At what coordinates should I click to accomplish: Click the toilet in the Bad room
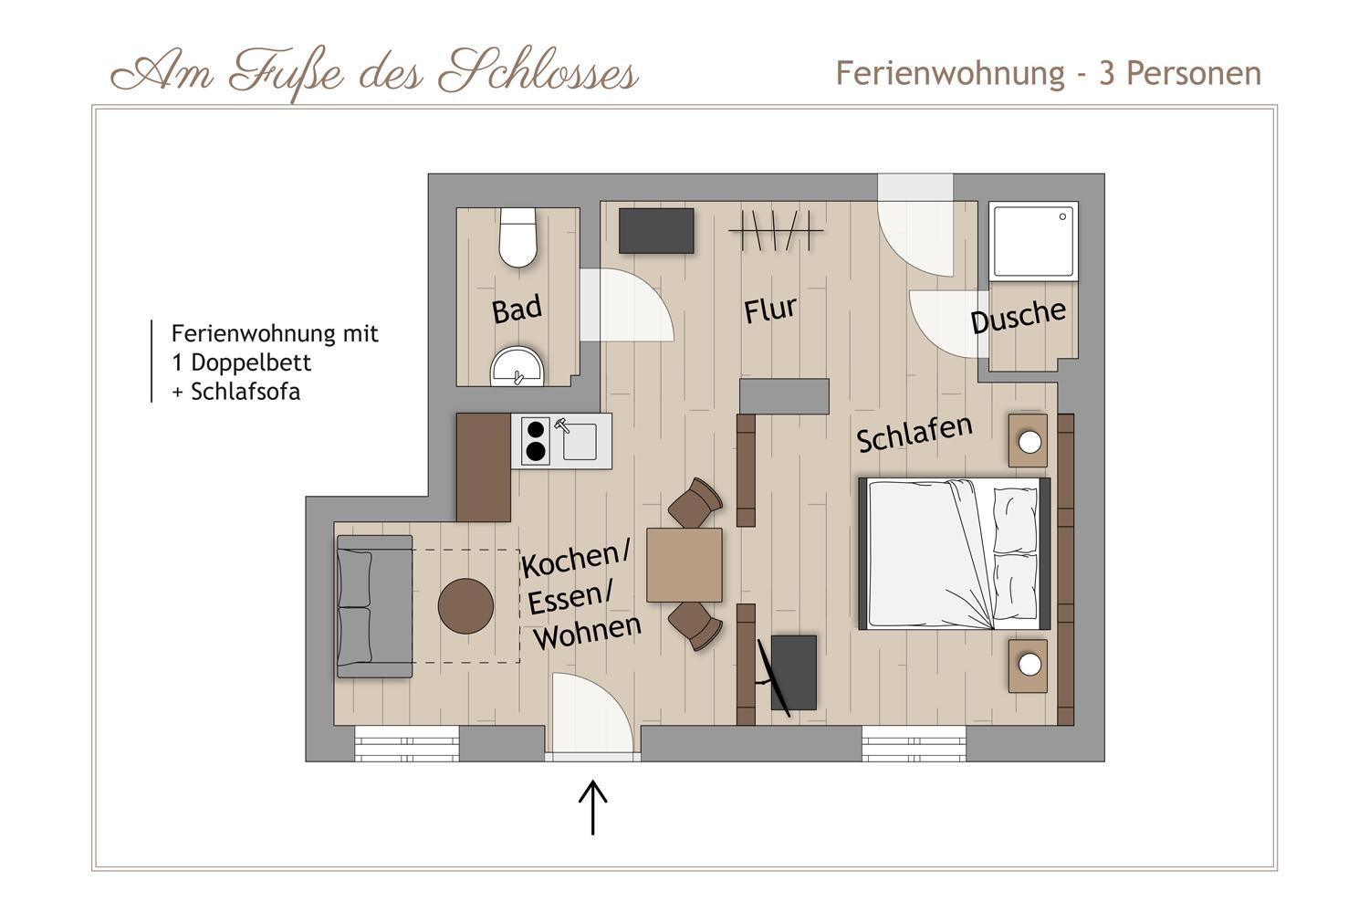pyautogui.click(x=517, y=237)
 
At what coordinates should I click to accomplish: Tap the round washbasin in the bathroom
pyautogui.click(x=517, y=367)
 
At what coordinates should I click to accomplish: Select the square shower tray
pyautogui.click(x=1033, y=242)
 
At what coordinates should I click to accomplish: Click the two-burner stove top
pyautogui.click(x=536, y=440)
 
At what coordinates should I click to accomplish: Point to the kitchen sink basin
pyautogui.click(x=580, y=441)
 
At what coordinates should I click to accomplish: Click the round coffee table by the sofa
pyautogui.click(x=465, y=606)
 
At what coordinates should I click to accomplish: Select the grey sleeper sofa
pyautogui.click(x=374, y=606)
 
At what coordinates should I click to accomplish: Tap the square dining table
pyautogui.click(x=684, y=565)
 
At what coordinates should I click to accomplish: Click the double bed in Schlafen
pyautogui.click(x=955, y=554)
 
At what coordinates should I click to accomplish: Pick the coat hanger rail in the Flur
pyautogui.click(x=776, y=231)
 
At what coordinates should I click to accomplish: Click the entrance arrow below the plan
pyautogui.click(x=593, y=807)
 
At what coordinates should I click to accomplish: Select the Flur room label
pyautogui.click(x=770, y=310)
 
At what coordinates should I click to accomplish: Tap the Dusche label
pyautogui.click(x=1019, y=316)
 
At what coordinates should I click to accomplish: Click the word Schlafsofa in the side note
pyautogui.click(x=246, y=392)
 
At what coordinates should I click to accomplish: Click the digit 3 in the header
pyautogui.click(x=1106, y=74)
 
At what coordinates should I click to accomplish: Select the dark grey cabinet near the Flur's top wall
pyautogui.click(x=656, y=231)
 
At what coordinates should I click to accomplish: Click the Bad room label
pyautogui.click(x=517, y=309)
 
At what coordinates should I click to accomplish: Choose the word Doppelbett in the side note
pyautogui.click(x=251, y=362)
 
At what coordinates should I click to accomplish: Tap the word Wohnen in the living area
pyautogui.click(x=588, y=633)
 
